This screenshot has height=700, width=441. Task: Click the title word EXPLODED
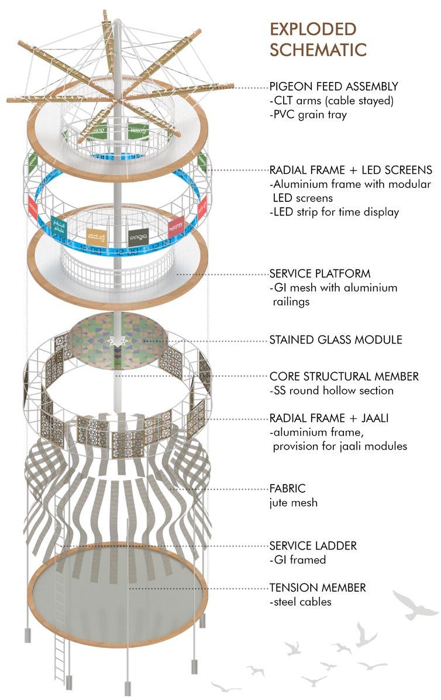pyautogui.click(x=312, y=29)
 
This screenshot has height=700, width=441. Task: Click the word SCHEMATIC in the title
pyautogui.click(x=318, y=49)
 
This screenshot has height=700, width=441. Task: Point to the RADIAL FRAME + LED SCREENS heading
pyautogui.click(x=351, y=170)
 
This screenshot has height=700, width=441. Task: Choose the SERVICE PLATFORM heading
pyautogui.click(x=320, y=273)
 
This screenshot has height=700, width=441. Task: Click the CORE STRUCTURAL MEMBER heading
pyautogui.click(x=344, y=376)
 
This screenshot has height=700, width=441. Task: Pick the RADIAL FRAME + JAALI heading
pyautogui.click(x=329, y=418)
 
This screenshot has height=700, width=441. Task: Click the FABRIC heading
pyautogui.click(x=288, y=487)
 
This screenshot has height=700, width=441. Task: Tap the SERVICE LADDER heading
pyautogui.click(x=313, y=545)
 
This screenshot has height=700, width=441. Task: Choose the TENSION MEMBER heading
pyautogui.click(x=317, y=587)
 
